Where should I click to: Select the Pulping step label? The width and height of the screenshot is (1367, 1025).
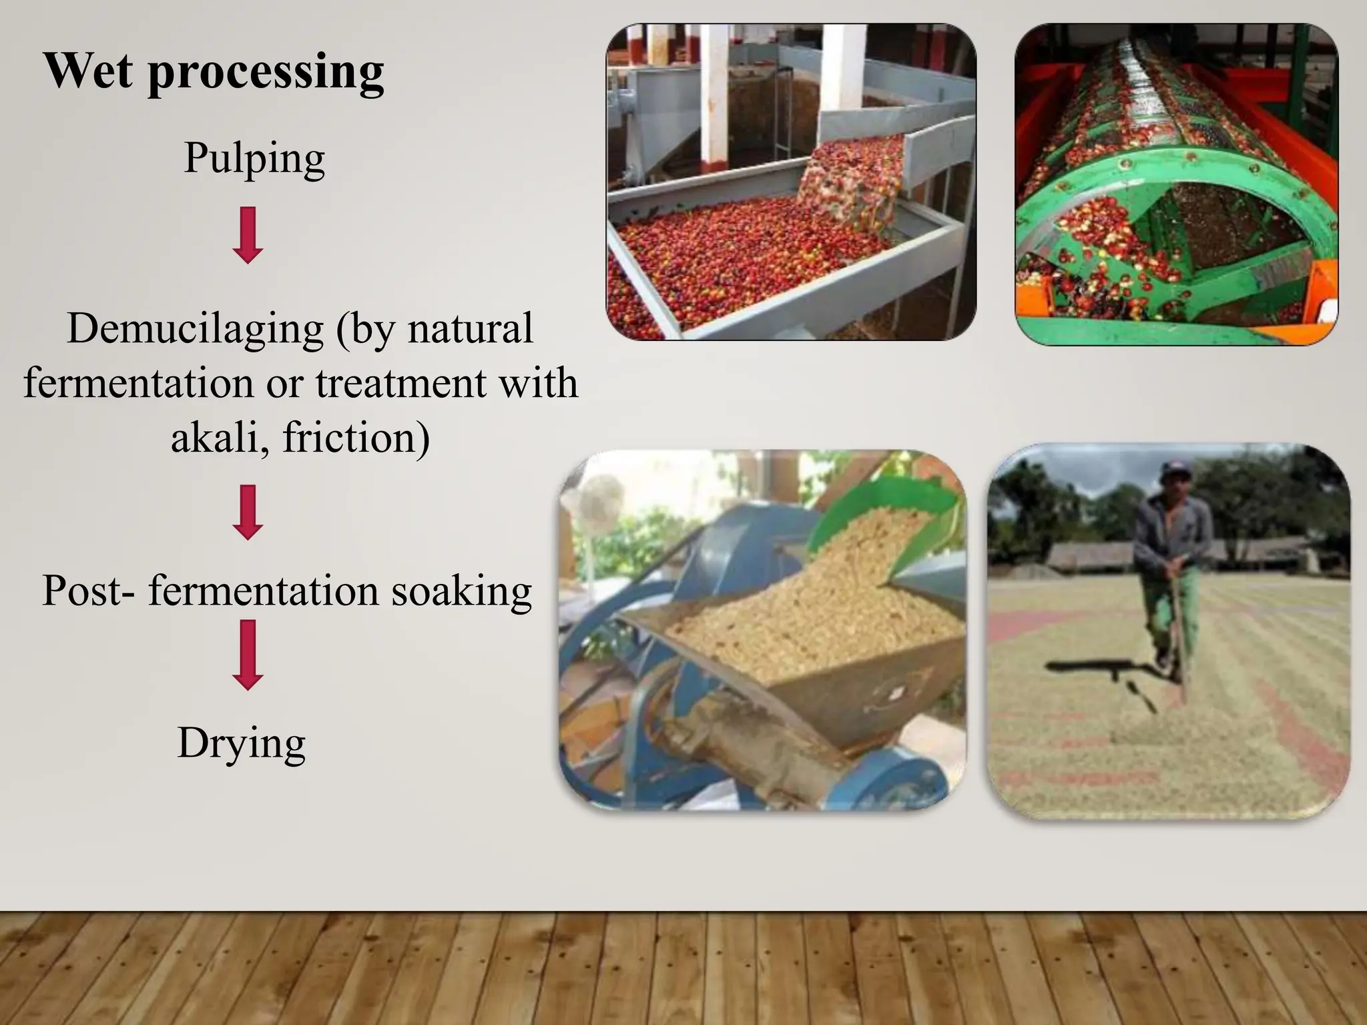[254, 159]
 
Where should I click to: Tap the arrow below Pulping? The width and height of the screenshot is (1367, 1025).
[248, 235]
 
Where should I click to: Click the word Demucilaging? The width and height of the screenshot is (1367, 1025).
[195, 329]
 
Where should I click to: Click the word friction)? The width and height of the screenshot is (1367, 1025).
[356, 438]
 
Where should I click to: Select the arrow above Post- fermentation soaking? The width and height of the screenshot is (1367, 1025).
[248, 512]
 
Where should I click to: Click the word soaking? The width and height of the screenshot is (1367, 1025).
[461, 591]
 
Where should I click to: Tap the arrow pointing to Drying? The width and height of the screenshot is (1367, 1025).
[248, 654]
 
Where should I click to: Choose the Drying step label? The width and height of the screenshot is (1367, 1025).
[242, 743]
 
